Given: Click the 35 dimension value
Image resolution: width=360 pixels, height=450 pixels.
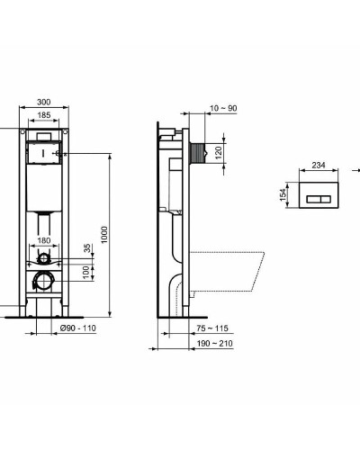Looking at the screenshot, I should (x=87, y=249).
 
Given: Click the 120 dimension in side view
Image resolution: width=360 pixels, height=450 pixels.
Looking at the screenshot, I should (x=218, y=153).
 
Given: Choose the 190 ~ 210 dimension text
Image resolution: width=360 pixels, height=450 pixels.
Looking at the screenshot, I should (x=214, y=343).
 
